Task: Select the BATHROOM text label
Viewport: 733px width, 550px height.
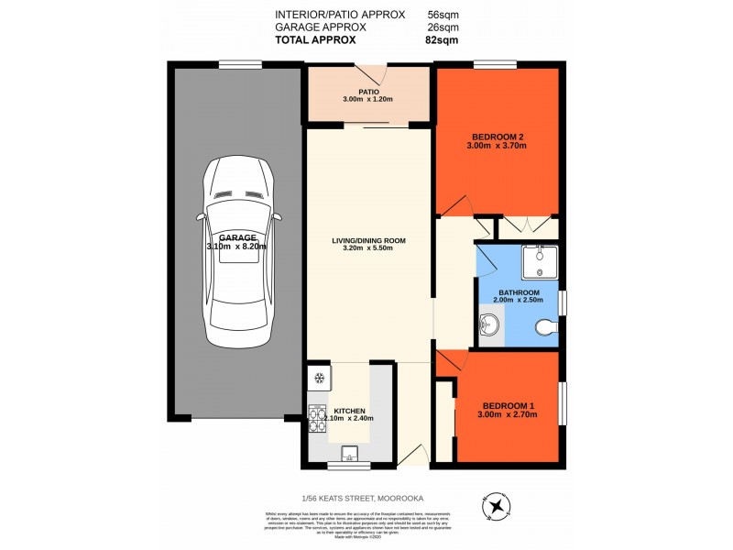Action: (520, 291)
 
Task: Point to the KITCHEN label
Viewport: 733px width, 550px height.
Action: (349, 410)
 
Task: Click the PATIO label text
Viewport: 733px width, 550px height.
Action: (368, 92)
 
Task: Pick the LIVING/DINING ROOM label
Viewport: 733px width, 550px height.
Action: (368, 241)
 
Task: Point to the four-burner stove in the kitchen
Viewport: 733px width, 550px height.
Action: (318, 419)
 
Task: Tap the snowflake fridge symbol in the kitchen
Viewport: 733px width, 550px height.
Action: (319, 377)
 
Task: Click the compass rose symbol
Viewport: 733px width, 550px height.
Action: (496, 505)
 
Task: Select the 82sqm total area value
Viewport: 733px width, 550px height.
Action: (443, 39)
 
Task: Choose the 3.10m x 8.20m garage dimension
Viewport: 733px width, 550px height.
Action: (236, 247)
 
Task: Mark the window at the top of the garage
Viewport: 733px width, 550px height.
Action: (240, 63)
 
